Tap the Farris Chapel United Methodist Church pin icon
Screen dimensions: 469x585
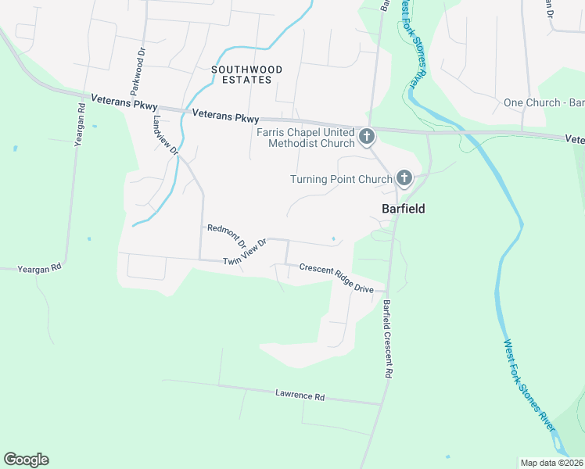[366, 138]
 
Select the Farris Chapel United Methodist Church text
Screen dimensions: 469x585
[306, 138]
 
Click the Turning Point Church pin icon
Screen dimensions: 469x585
[404, 179]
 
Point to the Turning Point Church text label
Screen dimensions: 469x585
[340, 179]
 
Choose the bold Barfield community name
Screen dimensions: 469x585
[403, 209]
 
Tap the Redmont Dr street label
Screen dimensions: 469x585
[226, 233]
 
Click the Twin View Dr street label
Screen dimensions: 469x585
[245, 252]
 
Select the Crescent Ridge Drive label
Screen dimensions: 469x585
[336, 278]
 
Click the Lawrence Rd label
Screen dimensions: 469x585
[300, 396]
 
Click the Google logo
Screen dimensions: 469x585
[26, 460]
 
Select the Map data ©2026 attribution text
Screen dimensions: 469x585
[551, 463]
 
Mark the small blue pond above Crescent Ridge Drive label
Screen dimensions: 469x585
[334, 239]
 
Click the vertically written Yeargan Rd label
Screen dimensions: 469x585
[79, 125]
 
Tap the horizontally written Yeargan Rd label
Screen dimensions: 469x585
[40, 268]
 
